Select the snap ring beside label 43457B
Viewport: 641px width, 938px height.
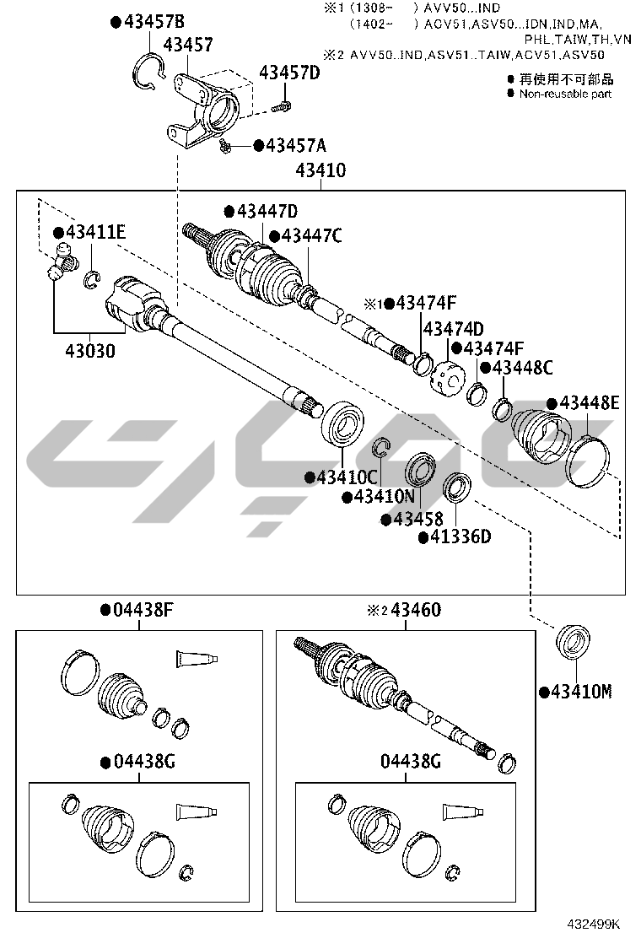(148, 73)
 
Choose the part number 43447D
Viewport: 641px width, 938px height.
(267, 212)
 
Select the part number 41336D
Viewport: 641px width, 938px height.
(460, 536)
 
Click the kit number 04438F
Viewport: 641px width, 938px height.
(143, 610)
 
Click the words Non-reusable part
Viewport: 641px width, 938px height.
(565, 94)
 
